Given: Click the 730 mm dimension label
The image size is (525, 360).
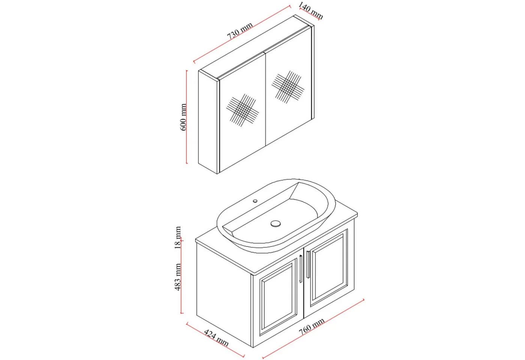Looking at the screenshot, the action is (240, 31).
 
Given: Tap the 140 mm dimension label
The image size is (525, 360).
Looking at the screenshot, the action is (311, 10).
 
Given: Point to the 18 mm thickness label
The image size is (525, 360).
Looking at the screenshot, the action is (178, 237).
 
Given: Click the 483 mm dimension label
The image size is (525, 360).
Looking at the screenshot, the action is (178, 277).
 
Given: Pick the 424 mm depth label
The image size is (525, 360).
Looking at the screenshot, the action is (216, 338).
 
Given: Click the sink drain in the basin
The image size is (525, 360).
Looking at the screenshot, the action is (275, 223).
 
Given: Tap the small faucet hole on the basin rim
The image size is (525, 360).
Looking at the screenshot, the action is (255, 201).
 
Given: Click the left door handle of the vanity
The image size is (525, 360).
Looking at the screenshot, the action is (301, 269).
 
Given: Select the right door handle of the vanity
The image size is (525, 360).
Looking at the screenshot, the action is (308, 264).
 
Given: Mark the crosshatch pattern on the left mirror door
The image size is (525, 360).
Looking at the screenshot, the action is (243, 110).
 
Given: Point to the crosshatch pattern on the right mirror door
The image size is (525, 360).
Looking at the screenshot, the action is (288, 87).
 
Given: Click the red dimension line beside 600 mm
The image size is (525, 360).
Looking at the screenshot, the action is (187, 117).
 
